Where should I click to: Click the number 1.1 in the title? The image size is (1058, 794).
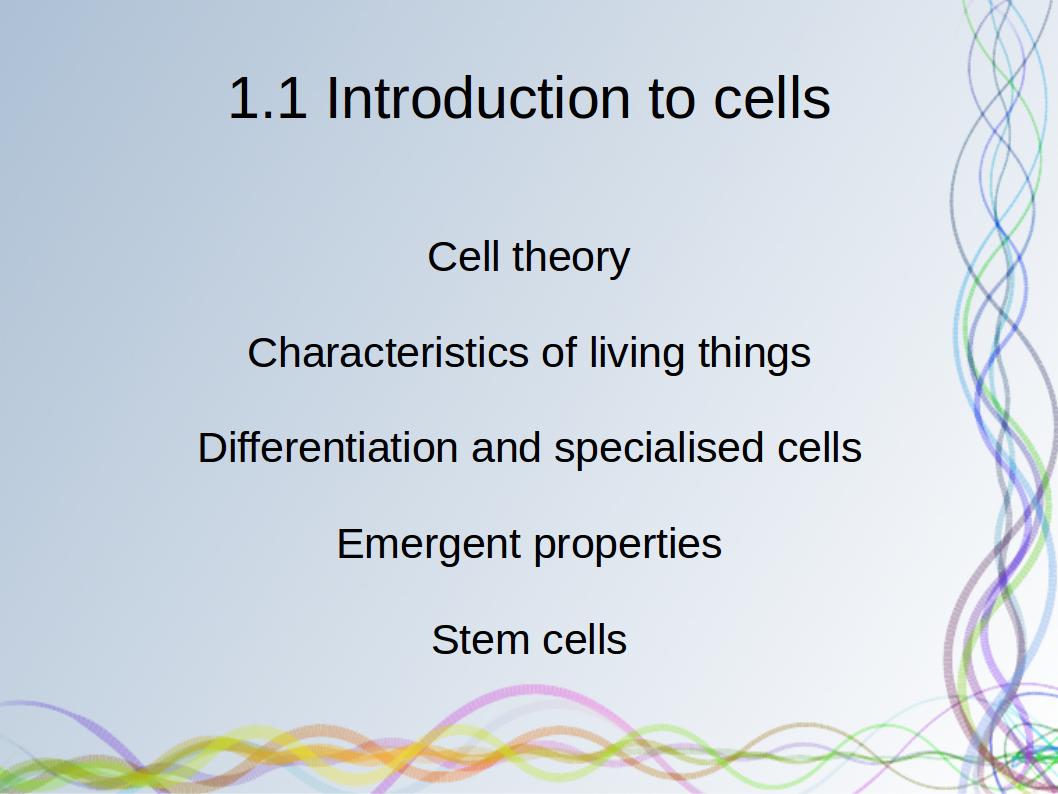coord(268,98)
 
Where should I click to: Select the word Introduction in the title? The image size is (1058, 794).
coord(478,98)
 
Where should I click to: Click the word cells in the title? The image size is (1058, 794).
coord(772,98)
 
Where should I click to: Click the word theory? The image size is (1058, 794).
coord(572,258)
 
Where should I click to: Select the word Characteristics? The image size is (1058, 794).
coord(388,352)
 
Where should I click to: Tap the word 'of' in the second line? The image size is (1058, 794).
coord(559,352)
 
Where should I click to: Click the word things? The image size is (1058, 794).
coord(754,354)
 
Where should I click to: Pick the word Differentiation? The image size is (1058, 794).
coord(328,447)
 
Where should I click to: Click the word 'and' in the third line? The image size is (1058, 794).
coord(506,447)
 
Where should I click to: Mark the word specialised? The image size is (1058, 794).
coord(659,449)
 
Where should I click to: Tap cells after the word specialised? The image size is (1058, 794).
coord(820,447)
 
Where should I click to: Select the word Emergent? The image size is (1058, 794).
coord(428,545)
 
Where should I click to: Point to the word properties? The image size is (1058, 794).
coord(628,545)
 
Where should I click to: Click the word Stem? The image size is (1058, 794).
coord(480,640)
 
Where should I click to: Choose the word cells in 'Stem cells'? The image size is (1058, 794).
coord(584,640)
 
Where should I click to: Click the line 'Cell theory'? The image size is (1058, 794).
coord(529,258)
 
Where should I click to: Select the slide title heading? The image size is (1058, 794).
coord(530,98)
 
